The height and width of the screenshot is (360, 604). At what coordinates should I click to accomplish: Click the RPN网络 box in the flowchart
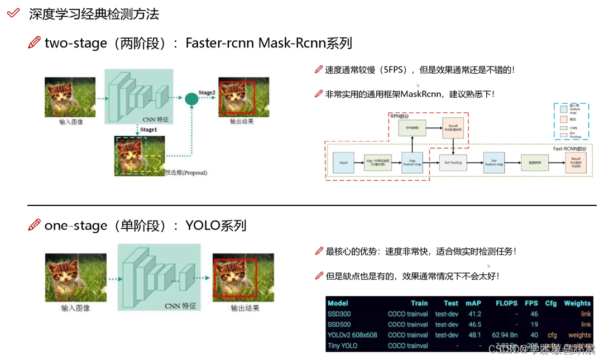pos(413,128)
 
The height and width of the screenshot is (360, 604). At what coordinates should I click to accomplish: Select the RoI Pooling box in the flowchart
pos(453,162)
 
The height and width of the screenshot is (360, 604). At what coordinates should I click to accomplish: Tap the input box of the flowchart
pos(343,162)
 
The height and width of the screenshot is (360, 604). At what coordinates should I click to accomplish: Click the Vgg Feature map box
pos(413,162)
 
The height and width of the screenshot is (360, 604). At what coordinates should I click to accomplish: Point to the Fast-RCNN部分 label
pos(569,148)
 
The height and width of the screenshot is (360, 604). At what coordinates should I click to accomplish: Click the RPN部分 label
pos(399,117)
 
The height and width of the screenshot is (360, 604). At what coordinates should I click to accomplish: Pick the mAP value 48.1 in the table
pos(474,335)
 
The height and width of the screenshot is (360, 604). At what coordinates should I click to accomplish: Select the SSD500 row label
pos(339,324)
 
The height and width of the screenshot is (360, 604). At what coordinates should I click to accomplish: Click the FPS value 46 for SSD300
pos(534,314)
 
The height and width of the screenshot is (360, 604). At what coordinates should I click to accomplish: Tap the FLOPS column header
pos(506,303)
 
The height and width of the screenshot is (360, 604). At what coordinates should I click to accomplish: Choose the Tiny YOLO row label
pos(343,345)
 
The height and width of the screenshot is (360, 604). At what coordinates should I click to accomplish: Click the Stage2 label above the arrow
pos(207,92)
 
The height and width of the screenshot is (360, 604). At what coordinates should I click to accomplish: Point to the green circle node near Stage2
pos(191,99)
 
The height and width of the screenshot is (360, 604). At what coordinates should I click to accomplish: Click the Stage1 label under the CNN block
pos(148,129)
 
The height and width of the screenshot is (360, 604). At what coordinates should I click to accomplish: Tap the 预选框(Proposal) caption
pos(186,172)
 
